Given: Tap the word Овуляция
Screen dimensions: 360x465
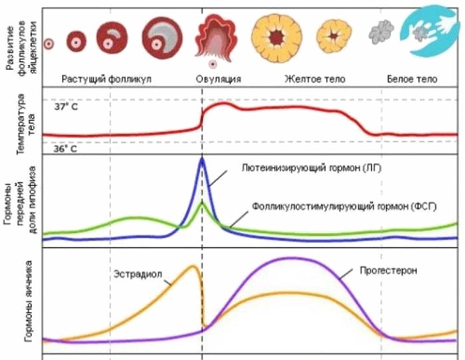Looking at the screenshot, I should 217,79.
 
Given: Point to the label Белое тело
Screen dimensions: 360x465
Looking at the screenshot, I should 412,79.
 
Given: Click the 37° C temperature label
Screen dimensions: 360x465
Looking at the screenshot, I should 66,107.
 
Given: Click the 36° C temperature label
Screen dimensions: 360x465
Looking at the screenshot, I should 66,149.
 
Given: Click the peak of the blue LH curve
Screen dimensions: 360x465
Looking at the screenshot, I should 202,159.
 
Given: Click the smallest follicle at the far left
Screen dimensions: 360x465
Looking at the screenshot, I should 49,45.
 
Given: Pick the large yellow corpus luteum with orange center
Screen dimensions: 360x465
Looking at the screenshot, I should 277,36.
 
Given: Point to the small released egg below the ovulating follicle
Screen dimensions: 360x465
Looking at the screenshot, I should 213,65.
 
